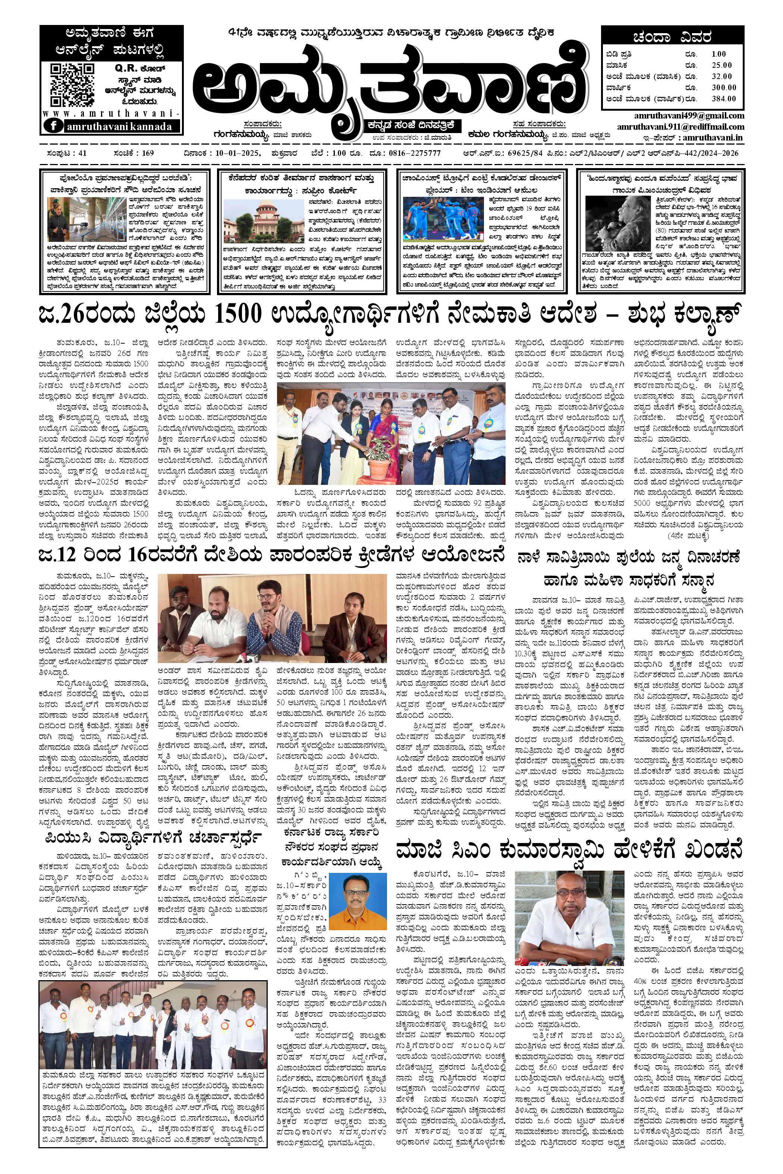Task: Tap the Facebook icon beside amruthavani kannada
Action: [53, 126]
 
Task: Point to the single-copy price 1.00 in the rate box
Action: [719, 54]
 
